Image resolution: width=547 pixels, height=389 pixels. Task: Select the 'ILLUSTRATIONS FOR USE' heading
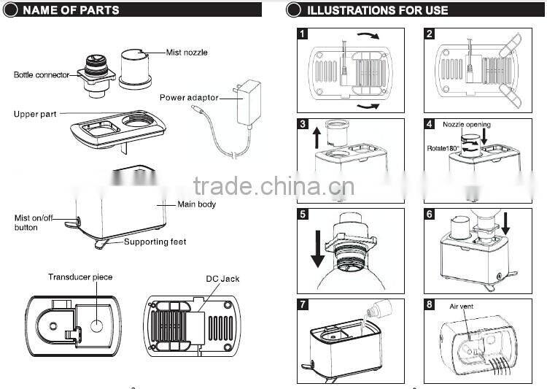377,10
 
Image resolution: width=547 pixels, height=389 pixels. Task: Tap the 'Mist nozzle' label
187,53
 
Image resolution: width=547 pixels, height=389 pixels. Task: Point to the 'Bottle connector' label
42,74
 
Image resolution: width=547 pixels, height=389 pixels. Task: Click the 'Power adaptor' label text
189,97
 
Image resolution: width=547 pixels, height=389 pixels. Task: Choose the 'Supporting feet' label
155,242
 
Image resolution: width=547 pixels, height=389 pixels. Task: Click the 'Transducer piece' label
80,277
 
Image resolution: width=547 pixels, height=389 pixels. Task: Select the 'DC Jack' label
223,279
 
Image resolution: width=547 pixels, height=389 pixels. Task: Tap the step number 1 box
303,34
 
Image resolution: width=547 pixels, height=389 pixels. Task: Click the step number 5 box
303,215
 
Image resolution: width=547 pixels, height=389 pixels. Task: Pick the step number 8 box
430,304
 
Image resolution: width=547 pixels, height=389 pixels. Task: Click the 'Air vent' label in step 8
461,307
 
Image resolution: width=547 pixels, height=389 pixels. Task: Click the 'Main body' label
197,204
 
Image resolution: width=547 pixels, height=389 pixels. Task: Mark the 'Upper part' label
35,115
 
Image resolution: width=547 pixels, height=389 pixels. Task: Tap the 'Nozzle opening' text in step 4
467,125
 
